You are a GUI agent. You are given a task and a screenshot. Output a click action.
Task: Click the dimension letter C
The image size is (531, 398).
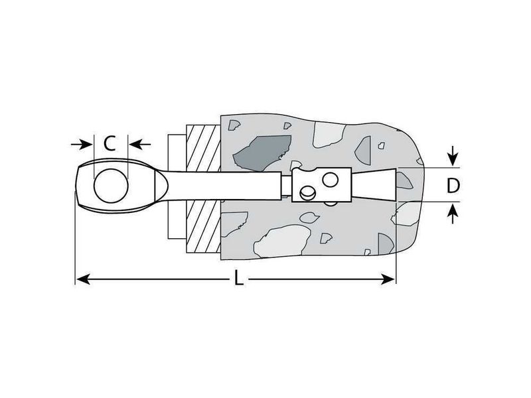[x=110, y=143]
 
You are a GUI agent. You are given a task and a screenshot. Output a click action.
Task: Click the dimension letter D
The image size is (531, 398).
[x=453, y=186]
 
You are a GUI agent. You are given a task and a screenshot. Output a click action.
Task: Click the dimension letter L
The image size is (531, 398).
[x=239, y=279]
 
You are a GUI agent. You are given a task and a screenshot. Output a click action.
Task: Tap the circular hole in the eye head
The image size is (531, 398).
[x=111, y=186]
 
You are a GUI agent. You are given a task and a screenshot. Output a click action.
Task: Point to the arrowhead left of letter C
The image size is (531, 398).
[x=86, y=144]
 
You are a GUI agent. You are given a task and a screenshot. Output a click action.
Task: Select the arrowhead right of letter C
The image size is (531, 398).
[x=136, y=144]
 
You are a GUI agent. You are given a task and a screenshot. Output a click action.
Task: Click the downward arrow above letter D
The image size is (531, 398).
[x=453, y=157]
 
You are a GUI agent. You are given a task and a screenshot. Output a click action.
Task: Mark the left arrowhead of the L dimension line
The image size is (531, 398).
[x=82, y=279]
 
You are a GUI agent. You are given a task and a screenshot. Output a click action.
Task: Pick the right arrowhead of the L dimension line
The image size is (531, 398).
[x=388, y=279]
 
